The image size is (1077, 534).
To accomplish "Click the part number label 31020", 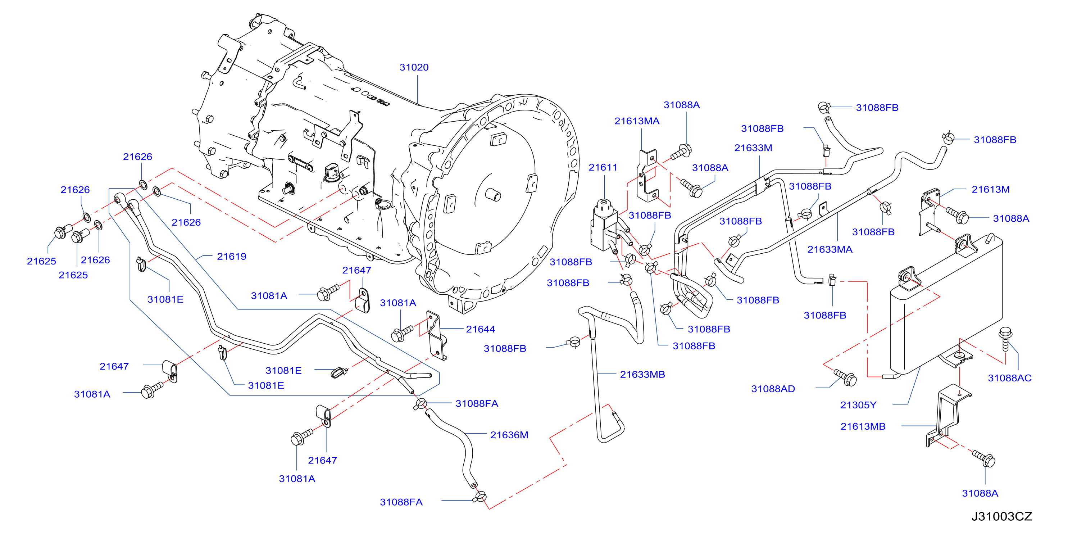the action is tap(414, 67).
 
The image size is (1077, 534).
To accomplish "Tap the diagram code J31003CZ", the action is tap(1002, 516).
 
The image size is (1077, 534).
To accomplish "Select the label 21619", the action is tap(232, 256).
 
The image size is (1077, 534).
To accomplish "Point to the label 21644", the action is tap(480, 329).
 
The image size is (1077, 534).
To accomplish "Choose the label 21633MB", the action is tap(642, 374).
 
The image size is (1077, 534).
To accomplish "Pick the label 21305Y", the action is tap(858, 405).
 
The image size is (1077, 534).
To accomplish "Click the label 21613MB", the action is tap(863, 426).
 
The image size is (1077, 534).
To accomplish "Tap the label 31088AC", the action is tap(1010, 378).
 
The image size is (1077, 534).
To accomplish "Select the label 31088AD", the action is tap(773, 389).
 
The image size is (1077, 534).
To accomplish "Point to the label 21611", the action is tap(603, 167).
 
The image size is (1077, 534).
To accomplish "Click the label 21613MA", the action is tap(637, 121).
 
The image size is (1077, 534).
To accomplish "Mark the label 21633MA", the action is tap(830, 249).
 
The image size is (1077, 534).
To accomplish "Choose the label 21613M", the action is tap(990, 189).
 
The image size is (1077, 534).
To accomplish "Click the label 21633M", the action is tap(753, 148).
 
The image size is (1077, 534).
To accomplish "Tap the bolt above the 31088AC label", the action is tap(1005, 339).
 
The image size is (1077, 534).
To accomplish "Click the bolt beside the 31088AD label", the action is tap(845, 377).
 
